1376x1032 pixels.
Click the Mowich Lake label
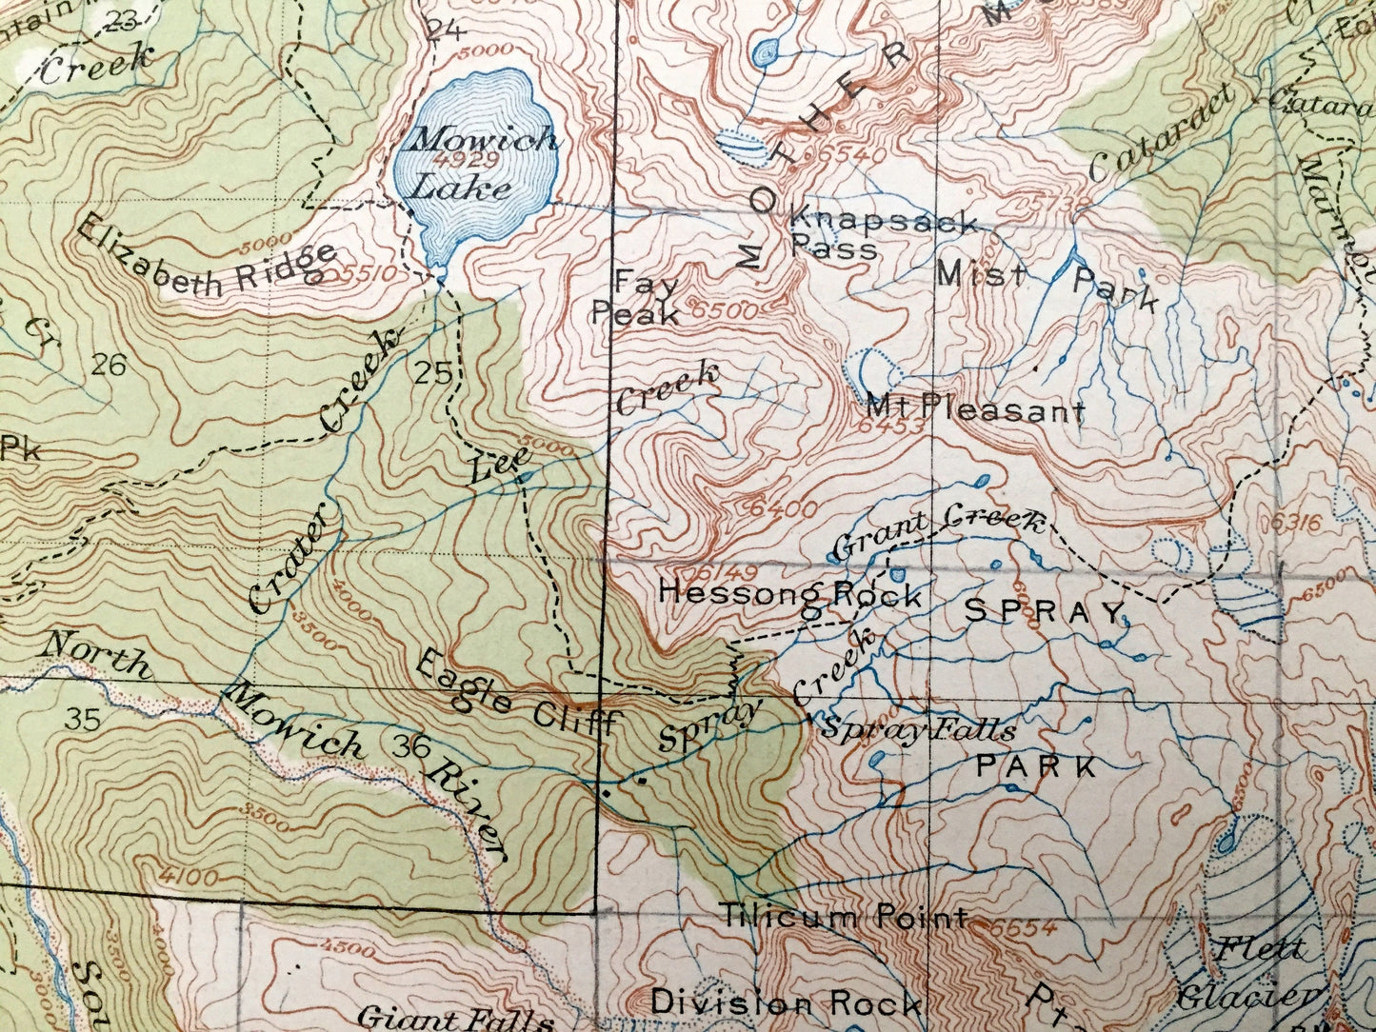click(x=473, y=163)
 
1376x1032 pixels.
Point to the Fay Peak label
click(x=636, y=298)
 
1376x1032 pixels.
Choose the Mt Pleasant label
click(x=976, y=410)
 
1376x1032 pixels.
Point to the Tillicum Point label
click(x=843, y=918)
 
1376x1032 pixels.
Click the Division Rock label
click(x=786, y=1002)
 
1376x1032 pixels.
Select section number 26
click(x=110, y=365)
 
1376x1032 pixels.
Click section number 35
click(x=83, y=719)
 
